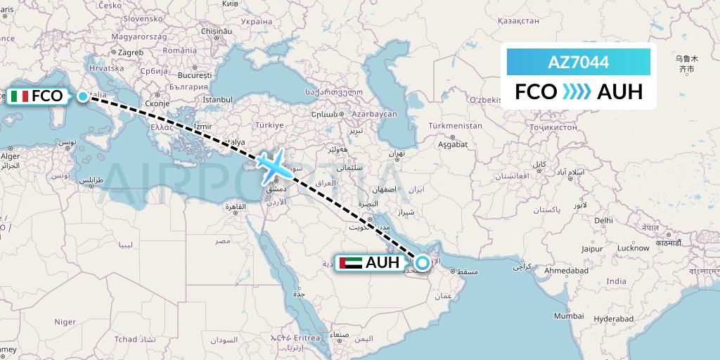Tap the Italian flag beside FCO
click(x=19, y=96)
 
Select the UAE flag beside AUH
click(x=349, y=263)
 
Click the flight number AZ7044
click(x=578, y=62)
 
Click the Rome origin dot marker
click(x=84, y=96)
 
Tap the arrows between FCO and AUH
click(x=577, y=92)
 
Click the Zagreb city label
click(x=131, y=52)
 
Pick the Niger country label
click(x=65, y=321)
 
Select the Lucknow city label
click(x=634, y=247)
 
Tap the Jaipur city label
click(x=595, y=248)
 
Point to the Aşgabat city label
click(x=452, y=144)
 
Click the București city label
click(x=195, y=75)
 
